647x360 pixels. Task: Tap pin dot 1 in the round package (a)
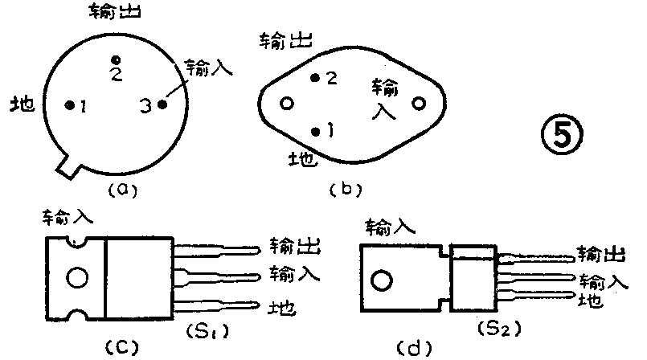(70, 104)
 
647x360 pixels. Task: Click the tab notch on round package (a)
(69, 166)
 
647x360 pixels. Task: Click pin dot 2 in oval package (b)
(315, 78)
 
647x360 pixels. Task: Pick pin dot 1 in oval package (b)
(316, 130)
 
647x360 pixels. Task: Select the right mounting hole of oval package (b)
(418, 104)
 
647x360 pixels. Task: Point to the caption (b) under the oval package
(346, 190)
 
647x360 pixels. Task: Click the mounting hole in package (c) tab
(76, 278)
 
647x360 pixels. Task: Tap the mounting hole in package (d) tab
(381, 281)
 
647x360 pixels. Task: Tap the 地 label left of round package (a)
(23, 104)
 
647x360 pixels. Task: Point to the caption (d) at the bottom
(420, 348)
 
